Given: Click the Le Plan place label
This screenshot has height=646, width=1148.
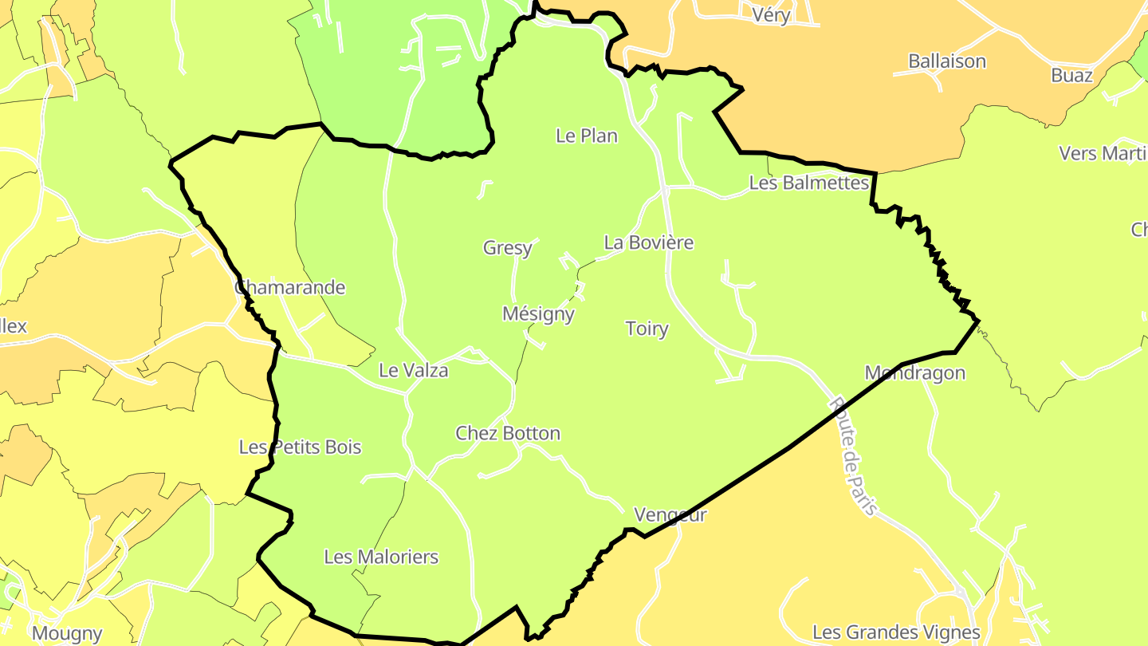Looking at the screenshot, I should [587, 136].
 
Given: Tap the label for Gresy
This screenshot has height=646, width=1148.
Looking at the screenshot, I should [508, 248].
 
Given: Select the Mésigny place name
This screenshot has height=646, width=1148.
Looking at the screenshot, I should [538, 314].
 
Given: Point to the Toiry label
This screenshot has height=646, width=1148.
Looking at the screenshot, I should [647, 329].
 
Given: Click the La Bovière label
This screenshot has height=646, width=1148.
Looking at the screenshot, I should [648, 242].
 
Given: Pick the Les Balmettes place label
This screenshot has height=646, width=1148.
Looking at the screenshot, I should [808, 183].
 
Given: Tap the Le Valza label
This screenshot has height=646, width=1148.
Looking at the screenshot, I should [413, 370].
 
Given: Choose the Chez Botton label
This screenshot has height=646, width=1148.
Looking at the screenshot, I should [508, 433].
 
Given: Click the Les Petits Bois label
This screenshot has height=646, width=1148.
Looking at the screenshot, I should [300, 447].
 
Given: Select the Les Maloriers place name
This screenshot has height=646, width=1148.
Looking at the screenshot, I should [381, 557].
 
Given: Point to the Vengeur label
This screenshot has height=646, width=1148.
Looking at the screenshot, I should [670, 515].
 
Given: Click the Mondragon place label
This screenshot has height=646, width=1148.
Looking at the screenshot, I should [914, 372].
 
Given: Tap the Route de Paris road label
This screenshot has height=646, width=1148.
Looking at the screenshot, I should [853, 456].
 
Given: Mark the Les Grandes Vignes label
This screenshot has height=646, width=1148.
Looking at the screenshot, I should [896, 632].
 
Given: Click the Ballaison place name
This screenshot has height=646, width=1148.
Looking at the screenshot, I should [947, 61].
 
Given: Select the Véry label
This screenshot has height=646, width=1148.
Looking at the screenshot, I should [771, 14].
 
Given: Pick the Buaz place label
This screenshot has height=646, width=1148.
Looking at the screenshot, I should [1071, 75].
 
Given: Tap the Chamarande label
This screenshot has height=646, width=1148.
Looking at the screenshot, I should [290, 287].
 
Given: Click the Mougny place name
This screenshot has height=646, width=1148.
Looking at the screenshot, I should [67, 634].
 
